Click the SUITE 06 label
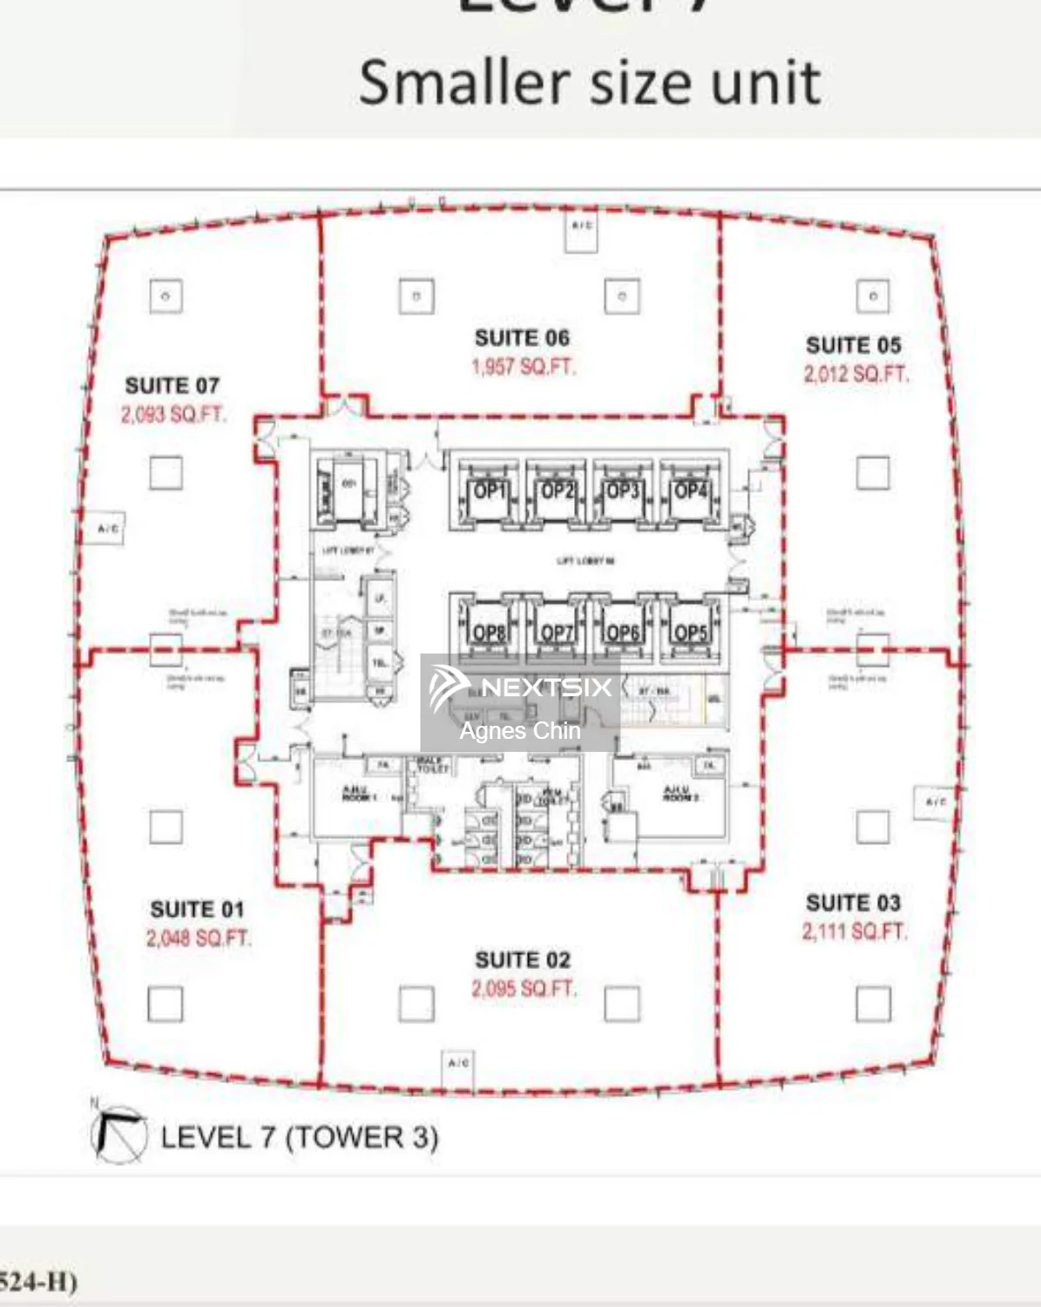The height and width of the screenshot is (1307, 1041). tap(522, 338)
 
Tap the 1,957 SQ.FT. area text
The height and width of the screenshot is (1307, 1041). tap(524, 367)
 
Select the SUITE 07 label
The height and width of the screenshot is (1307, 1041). tap(172, 385)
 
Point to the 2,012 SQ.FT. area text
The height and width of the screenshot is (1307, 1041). tap(855, 375)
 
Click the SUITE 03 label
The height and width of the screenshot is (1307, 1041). tap(853, 903)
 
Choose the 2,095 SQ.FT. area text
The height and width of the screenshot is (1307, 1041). tap(524, 989)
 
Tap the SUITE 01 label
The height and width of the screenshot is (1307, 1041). tap(197, 910)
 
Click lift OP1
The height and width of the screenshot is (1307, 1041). tap(489, 491)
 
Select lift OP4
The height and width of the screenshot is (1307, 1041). tap(690, 491)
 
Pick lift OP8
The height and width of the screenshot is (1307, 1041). tap(489, 632)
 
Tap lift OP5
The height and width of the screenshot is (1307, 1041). tap(690, 632)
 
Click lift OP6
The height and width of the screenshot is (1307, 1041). tap(623, 632)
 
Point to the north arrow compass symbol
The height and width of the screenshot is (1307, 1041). tap(119, 1134)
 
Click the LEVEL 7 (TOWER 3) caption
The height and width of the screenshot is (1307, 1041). tap(299, 1137)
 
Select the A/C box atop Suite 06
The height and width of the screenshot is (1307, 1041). tap(581, 228)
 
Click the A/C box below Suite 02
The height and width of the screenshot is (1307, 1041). tap(458, 1065)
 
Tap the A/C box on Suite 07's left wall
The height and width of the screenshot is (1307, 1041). tap(108, 529)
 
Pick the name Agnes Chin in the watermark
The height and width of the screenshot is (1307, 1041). tap(520, 731)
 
